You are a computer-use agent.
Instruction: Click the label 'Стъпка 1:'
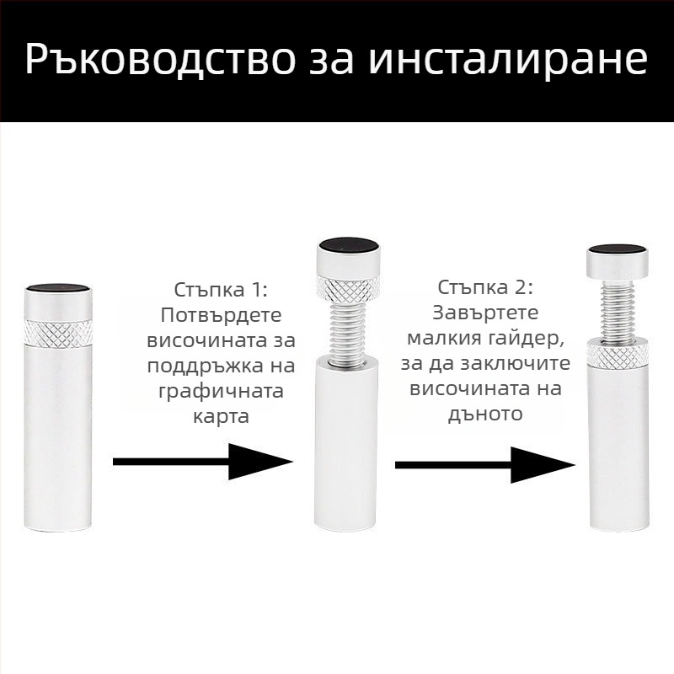point(221,291)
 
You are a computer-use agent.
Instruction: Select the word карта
point(221,416)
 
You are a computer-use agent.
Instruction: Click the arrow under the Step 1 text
point(202,462)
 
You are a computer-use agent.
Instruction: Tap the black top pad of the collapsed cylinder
point(58,289)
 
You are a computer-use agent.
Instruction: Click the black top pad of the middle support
point(347,245)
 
